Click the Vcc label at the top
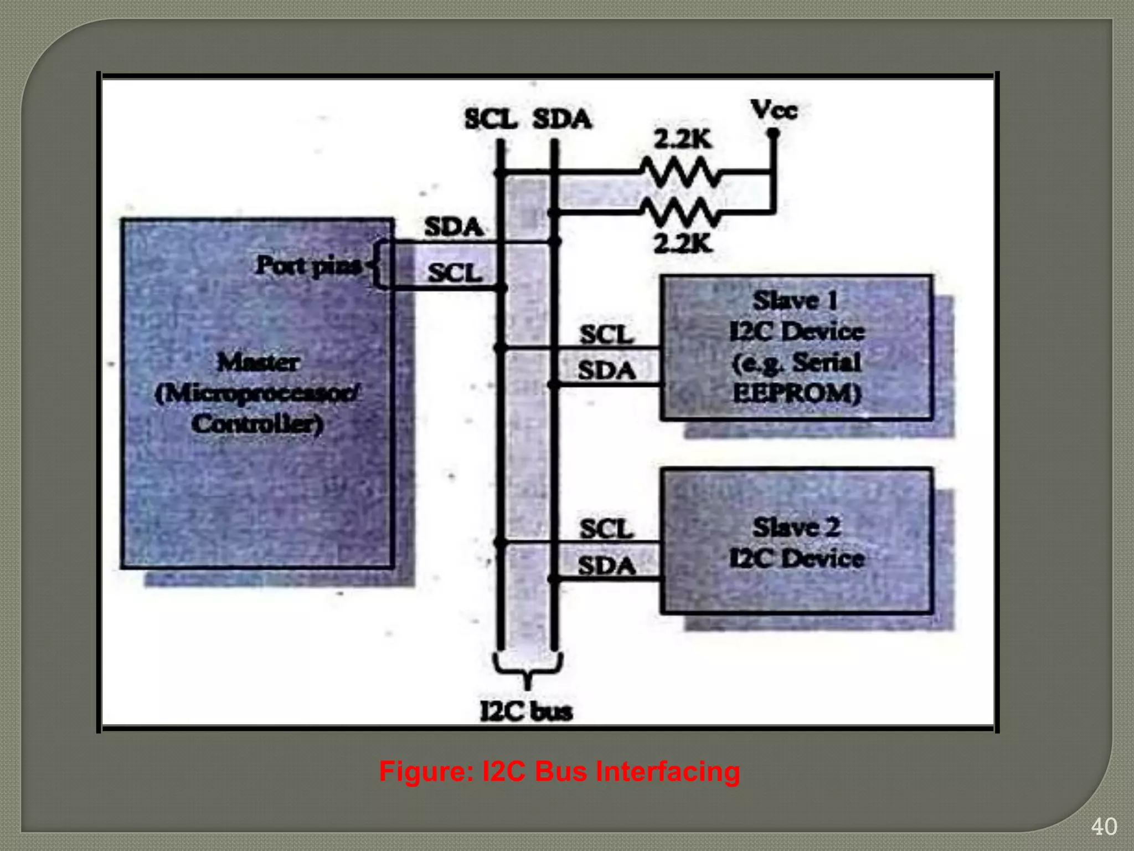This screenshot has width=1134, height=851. pos(774,110)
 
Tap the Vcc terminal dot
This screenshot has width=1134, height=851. pos(774,134)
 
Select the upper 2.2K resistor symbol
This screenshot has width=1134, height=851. pos(681,172)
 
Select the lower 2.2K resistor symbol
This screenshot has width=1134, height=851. pos(681,212)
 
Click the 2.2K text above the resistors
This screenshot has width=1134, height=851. pos(682,140)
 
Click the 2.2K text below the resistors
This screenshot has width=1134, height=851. pos(682,243)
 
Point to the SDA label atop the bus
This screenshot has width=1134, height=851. pos(561,119)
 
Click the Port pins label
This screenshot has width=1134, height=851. pos(308,266)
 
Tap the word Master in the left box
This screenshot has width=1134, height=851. pos(258,362)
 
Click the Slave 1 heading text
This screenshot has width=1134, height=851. pos(795,300)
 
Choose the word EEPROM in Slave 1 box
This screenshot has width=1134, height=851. pos(796,393)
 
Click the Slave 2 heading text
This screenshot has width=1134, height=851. pos(796,527)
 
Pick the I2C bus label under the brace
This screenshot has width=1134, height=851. pos(526,711)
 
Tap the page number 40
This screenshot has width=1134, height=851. pos(1104,827)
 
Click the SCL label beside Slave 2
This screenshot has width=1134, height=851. pos(606,529)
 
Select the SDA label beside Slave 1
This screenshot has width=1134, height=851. pos(606,370)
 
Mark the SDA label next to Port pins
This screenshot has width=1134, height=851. pos(453,227)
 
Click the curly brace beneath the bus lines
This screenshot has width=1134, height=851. pos(527,670)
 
